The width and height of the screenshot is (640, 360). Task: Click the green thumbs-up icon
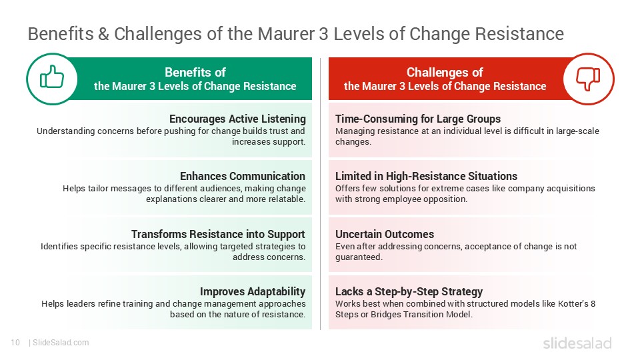pos(52,77)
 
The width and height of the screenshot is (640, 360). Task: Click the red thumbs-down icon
pos(588,79)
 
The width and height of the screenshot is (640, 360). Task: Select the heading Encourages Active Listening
pos(237,119)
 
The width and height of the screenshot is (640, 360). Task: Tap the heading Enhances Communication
pos(243,176)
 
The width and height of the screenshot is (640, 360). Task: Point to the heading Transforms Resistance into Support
pos(218,234)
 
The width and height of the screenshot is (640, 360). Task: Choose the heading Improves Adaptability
pos(253,291)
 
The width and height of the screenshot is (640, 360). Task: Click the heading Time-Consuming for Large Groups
pos(418,119)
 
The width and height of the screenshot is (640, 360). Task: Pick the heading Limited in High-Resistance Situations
pos(426,176)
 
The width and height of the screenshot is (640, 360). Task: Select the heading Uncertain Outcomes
pos(385,234)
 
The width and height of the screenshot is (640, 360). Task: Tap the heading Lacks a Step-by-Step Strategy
pos(409,291)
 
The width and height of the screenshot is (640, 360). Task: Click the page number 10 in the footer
pos(15,343)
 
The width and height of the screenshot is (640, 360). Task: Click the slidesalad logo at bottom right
pos(577,343)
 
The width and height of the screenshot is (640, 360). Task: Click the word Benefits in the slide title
pos(61,34)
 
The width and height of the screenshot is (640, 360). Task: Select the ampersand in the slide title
pos(103,34)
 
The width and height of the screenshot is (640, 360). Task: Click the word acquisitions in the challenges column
pos(571,189)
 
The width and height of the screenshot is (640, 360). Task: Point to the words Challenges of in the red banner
pos(445,72)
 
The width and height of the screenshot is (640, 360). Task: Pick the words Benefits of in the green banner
pos(195,72)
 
